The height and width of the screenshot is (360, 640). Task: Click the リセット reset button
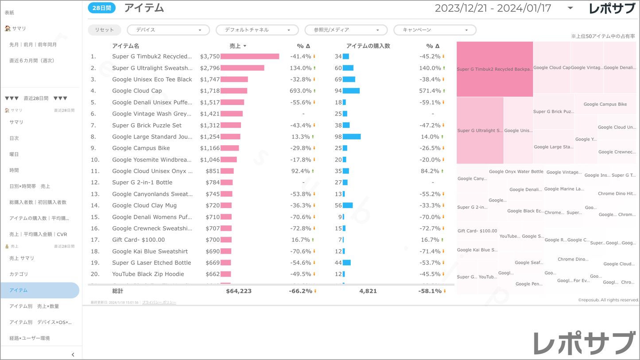[x=105, y=30]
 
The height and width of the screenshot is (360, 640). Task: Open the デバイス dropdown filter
[x=168, y=30]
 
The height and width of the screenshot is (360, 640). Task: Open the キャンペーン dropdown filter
[x=434, y=30]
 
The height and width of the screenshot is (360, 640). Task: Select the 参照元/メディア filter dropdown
[x=346, y=30]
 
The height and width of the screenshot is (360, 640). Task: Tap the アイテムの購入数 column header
[x=368, y=46]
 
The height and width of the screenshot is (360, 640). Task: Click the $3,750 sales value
[x=209, y=57]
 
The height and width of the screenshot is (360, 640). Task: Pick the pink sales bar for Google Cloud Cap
[x=234, y=91]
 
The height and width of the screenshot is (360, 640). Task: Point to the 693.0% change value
[x=301, y=91]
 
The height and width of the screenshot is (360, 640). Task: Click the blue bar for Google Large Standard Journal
[x=352, y=137]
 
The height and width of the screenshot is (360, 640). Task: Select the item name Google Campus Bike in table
[x=141, y=148]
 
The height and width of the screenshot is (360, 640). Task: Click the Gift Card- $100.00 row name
[x=138, y=240]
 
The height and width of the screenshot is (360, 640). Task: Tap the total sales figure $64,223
[x=239, y=291]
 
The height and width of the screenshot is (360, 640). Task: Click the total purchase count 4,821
[x=368, y=291]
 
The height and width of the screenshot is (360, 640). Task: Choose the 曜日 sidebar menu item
[x=14, y=154]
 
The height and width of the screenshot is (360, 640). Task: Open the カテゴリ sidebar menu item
[x=19, y=274]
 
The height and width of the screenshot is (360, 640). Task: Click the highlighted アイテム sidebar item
[x=19, y=290]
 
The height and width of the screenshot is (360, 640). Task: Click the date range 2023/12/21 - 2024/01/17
[x=493, y=8]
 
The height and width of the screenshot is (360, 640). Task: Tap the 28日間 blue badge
[x=102, y=8]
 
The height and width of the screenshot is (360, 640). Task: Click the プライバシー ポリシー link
[x=159, y=302]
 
